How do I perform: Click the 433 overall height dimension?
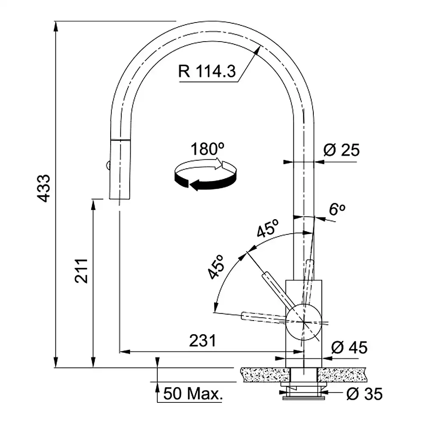44,188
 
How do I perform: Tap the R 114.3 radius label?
207,71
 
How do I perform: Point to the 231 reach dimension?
203,340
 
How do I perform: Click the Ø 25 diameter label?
341,150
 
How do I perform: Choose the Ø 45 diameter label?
349,348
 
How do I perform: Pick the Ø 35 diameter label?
365,394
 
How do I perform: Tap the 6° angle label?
337,209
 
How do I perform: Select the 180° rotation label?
207,149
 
